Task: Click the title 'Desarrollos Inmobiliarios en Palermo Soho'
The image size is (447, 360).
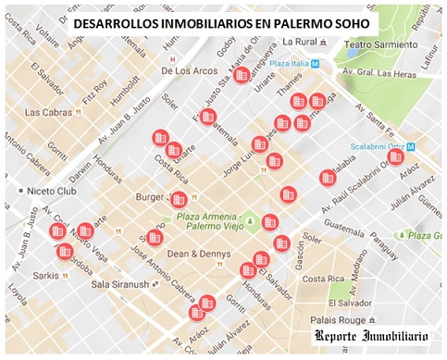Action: point(222,20)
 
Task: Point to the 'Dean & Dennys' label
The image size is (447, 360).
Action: point(192,252)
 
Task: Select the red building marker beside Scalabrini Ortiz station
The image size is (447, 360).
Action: point(396,157)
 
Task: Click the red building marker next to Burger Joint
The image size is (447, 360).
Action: point(180,199)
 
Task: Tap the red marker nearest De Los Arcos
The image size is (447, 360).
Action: point(242,77)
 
